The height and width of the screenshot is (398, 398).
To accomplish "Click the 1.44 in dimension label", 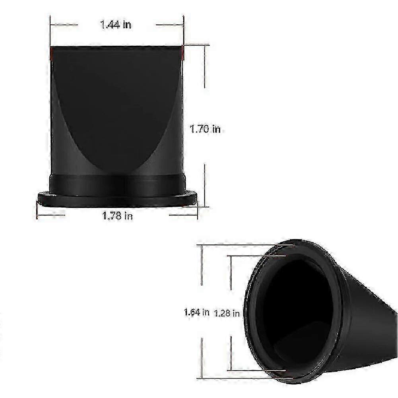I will pyautogui.click(x=116, y=25).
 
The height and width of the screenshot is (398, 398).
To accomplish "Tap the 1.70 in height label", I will pyautogui.click(x=205, y=129).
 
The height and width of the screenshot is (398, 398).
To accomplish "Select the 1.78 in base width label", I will pyautogui.click(x=118, y=216).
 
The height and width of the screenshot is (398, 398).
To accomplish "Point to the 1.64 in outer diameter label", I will pyautogui.click(x=196, y=312).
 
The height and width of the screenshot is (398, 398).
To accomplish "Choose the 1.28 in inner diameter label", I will pyautogui.click(x=227, y=313).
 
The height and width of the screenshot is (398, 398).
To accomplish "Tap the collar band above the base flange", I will pyautogui.click(x=117, y=183).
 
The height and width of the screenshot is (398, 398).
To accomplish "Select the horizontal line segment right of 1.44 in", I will pyautogui.click(x=169, y=25).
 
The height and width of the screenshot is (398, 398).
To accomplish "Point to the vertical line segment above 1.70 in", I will pyautogui.click(x=205, y=66).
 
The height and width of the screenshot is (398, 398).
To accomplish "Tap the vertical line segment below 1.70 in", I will pyautogui.click(x=205, y=185).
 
